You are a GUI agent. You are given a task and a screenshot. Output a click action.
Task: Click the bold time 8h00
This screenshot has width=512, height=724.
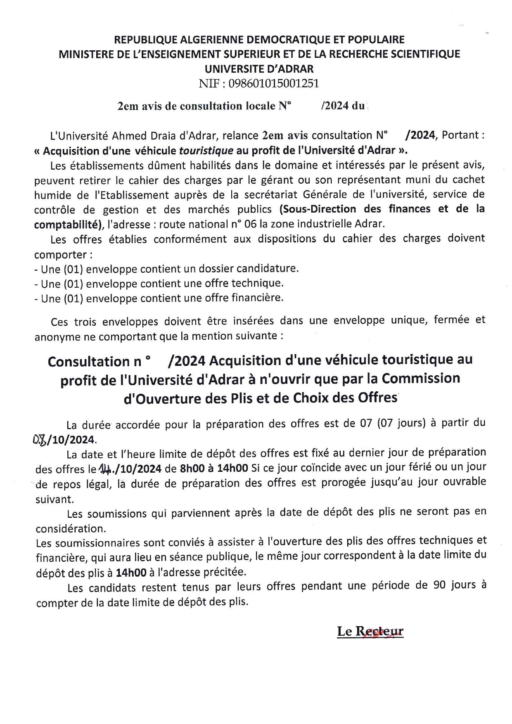(194, 468)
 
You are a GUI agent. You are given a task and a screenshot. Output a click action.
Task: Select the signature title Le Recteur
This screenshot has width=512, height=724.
(370, 632)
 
